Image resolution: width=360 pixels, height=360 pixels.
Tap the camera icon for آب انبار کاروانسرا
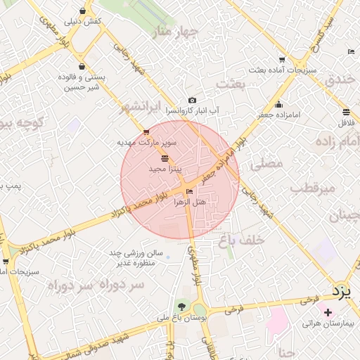192,101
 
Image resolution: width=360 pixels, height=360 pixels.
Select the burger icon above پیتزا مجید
165,159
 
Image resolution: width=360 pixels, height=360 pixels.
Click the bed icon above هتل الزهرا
189,191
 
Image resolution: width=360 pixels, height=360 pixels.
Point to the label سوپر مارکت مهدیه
147,142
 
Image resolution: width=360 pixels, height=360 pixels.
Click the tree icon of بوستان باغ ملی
182,307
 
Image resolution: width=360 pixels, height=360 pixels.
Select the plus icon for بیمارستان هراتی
328,311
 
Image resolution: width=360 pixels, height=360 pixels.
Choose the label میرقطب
305,189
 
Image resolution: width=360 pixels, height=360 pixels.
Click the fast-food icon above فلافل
346,112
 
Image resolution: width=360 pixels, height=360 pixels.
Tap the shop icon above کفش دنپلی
84,11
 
